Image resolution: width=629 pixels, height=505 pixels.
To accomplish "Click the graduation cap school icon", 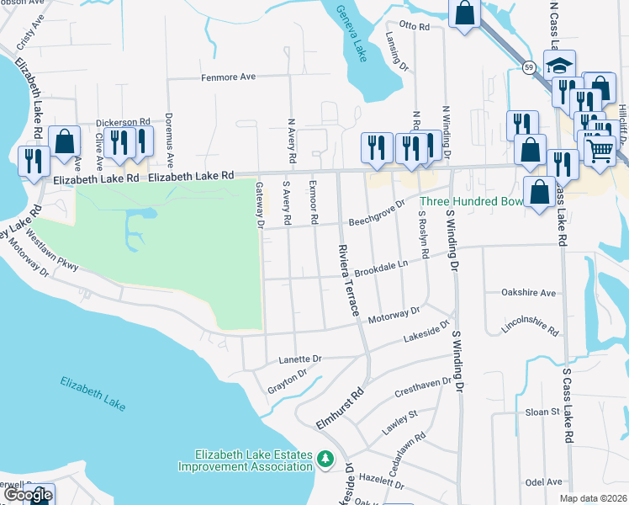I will (558, 65).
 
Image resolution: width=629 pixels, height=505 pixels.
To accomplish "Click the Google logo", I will (27, 495).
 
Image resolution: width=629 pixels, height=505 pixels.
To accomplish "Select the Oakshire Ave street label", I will (528, 293).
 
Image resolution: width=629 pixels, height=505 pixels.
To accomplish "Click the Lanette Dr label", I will (300, 359).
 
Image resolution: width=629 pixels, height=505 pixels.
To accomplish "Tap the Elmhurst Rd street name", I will (340, 407).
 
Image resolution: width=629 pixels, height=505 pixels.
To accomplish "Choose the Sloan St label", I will (542, 412).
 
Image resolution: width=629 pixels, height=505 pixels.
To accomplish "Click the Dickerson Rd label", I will (123, 122).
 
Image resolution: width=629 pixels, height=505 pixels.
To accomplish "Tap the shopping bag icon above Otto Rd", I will (463, 13).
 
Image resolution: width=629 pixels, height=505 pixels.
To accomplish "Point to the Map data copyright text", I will (594, 498).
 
